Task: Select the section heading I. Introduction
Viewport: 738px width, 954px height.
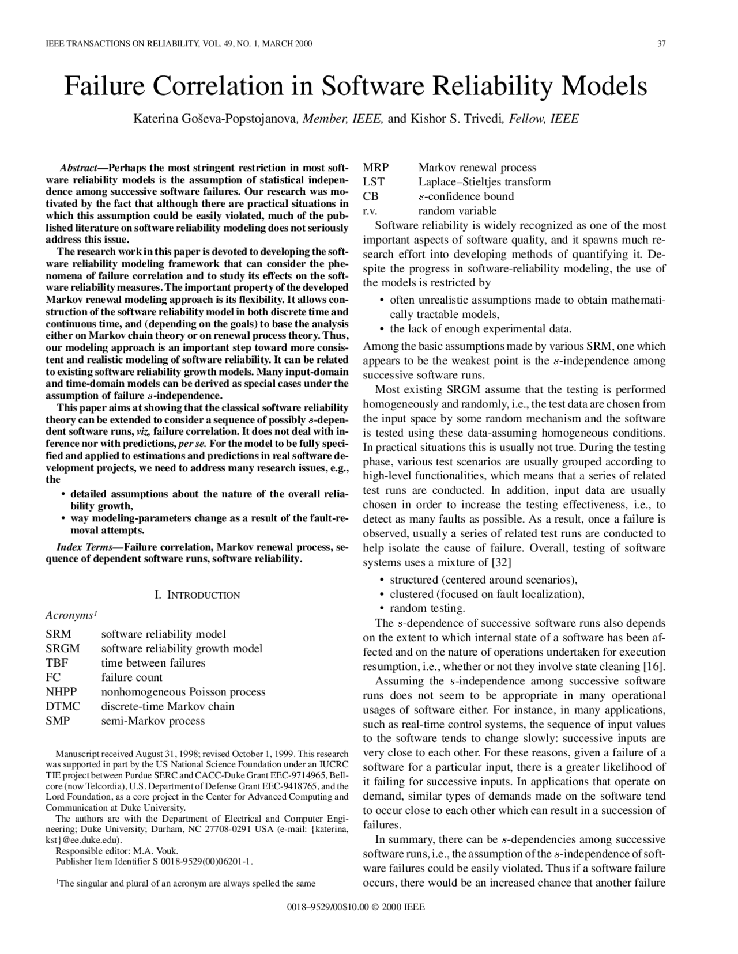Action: tap(197, 595)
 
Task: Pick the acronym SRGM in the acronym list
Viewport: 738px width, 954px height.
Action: tap(62, 648)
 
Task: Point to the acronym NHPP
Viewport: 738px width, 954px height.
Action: tap(61, 691)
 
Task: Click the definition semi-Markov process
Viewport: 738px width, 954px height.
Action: tap(153, 721)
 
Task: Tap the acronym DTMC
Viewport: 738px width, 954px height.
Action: tap(62, 706)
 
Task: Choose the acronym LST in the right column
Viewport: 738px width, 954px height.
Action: tap(373, 182)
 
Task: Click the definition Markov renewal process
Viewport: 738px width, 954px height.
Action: tap(477, 168)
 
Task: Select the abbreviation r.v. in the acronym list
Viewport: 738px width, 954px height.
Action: tap(370, 211)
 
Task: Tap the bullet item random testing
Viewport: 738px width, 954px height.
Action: tap(427, 608)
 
